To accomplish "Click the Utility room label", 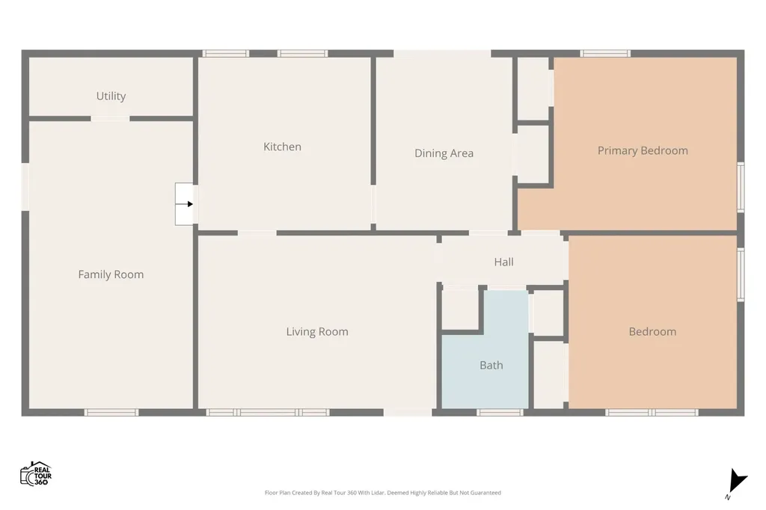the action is pos(111,96).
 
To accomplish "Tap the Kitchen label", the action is pos(282,147).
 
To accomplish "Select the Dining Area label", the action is pos(444,153).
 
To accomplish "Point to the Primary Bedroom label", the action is pos(643,150).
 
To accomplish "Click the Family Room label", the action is pos(111,274).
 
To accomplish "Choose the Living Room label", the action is pos(317,332).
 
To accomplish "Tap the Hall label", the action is pos(503,262).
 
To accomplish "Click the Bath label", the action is pos(491,365).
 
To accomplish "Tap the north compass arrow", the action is pos(737,481).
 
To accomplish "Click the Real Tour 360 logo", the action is pos(36,473).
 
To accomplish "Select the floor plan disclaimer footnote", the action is pos(382,492).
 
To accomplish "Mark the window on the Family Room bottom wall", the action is pos(111,413).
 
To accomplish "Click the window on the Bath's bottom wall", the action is pos(500,413).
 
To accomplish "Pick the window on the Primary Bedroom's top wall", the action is pos(605,53).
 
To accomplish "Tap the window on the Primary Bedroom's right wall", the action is pos(741,187).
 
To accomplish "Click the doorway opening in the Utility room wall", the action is pos(110,119).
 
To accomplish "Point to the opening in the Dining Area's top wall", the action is pos(442,53).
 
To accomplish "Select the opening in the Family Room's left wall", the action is pos(25,187).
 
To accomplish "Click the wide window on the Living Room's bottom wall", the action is pos(268,413).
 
